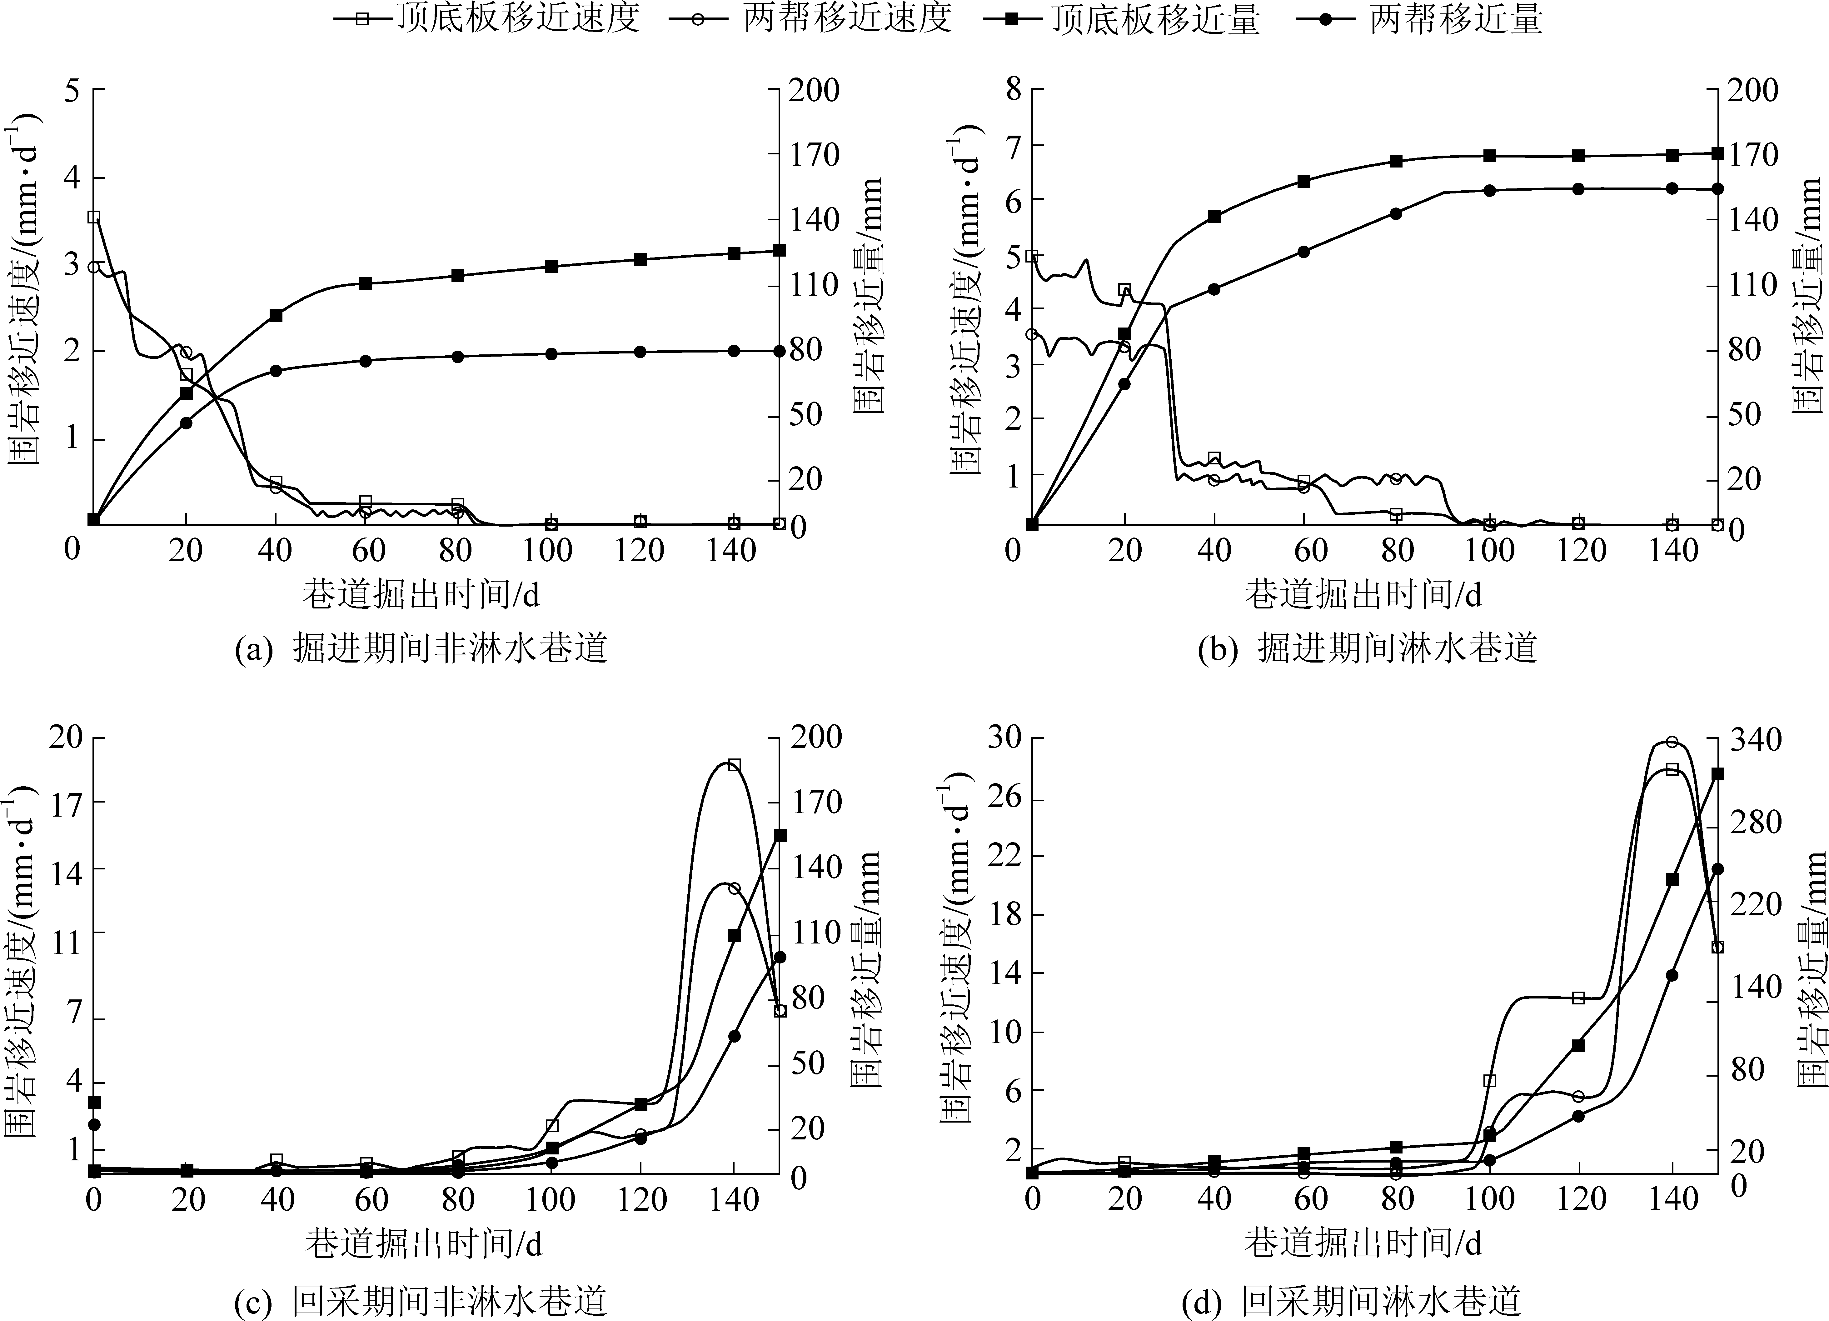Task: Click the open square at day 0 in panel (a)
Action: point(93,217)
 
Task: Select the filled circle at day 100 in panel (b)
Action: point(1489,190)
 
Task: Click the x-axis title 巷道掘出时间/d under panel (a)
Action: point(421,595)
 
